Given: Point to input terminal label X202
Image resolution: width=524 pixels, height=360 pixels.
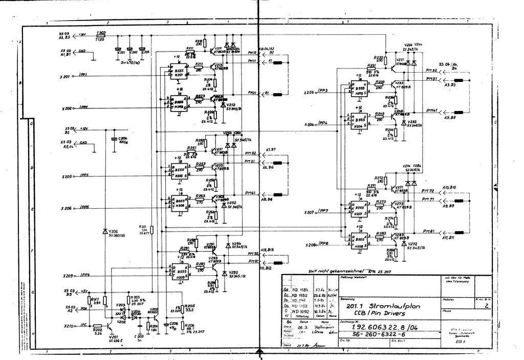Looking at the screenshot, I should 67,108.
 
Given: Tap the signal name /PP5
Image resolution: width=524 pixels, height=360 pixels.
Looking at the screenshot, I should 84,175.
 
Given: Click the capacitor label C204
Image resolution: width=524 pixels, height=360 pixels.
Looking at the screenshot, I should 123,139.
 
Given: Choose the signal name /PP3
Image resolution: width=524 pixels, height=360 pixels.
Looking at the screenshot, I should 322,90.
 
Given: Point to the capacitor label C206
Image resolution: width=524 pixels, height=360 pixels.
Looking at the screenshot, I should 174,324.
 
